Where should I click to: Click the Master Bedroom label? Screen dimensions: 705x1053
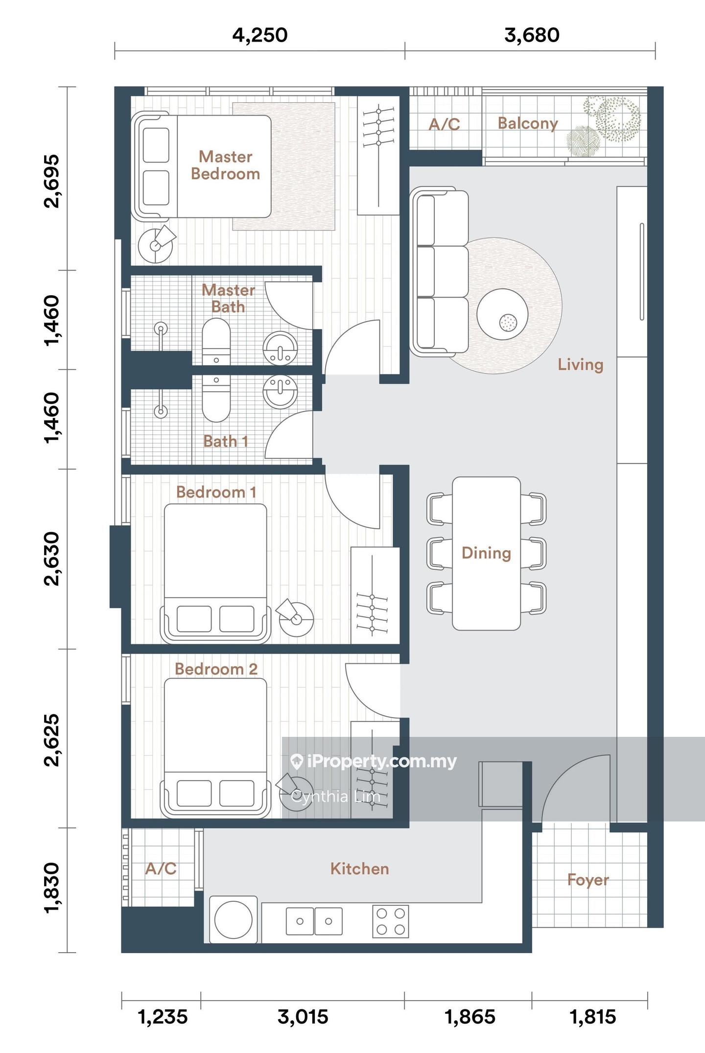coord(225,165)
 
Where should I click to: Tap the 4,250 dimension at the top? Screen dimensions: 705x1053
coord(259,35)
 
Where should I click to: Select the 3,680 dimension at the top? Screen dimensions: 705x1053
coord(532,35)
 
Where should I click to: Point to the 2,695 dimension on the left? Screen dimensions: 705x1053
coord(51,181)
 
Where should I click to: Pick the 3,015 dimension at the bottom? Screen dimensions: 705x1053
coord(303,1017)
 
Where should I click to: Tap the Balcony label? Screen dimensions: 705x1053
coord(528,123)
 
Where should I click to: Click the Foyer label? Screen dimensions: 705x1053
coord(588,879)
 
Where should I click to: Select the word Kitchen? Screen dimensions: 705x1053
coord(359,868)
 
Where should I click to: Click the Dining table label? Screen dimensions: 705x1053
coord(486,553)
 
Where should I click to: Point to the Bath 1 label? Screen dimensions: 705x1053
coord(226,441)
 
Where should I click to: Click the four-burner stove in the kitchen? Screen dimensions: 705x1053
coord(391,921)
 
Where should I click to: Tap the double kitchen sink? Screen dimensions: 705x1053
coord(314,921)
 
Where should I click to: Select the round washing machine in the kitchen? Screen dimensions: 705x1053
coord(234,919)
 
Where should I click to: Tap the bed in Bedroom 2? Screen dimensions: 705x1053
coord(215,748)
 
